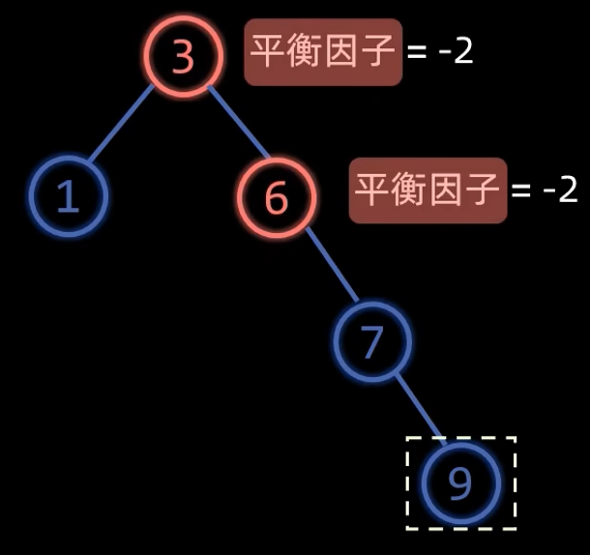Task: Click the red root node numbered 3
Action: (183, 56)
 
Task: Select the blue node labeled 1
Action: (68, 195)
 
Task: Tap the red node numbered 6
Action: (277, 197)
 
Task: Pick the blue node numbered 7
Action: (372, 340)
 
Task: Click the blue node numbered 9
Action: (460, 482)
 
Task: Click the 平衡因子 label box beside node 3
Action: (323, 52)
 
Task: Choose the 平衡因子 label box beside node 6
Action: (428, 190)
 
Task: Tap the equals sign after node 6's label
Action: (521, 190)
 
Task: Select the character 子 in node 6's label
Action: (483, 190)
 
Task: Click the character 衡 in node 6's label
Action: (409, 190)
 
